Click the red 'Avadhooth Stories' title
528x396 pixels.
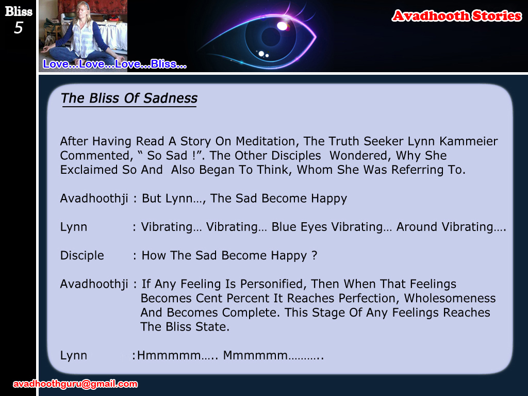tap(457, 16)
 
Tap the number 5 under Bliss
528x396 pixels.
tap(19, 28)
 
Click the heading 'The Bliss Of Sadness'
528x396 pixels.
tap(129, 98)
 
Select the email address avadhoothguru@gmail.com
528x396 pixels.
tap(75, 384)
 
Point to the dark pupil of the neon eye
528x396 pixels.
tap(271, 37)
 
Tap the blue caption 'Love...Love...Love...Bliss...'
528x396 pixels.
tap(114, 63)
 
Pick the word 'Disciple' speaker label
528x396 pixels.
tap(82, 256)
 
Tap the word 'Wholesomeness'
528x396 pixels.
tap(450, 299)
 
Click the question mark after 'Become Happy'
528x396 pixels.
tap(315, 255)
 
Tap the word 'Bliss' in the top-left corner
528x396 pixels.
tap(19, 11)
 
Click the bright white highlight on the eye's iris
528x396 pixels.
tap(282, 26)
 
